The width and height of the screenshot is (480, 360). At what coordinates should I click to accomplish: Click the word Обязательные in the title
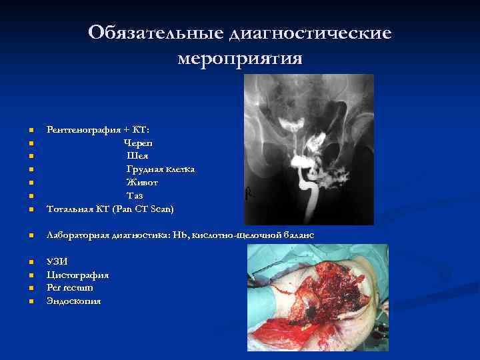[157, 32]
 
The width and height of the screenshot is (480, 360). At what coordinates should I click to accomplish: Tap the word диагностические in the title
[310, 32]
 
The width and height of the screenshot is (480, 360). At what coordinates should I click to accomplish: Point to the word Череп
[138, 143]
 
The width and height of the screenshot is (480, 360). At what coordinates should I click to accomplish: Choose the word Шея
[138, 156]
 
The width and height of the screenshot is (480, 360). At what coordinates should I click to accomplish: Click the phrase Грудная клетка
[161, 169]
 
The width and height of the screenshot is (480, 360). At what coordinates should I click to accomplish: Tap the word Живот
[142, 183]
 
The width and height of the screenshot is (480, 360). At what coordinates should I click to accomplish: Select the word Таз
[135, 196]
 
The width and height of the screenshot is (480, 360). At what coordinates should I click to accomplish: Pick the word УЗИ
[57, 261]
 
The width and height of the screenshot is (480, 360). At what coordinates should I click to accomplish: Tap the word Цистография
[78, 275]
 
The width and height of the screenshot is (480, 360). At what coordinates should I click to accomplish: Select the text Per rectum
[70, 288]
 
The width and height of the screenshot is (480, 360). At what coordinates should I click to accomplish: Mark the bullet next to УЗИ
[31, 262]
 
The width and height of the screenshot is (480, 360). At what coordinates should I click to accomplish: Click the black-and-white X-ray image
[309, 149]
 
